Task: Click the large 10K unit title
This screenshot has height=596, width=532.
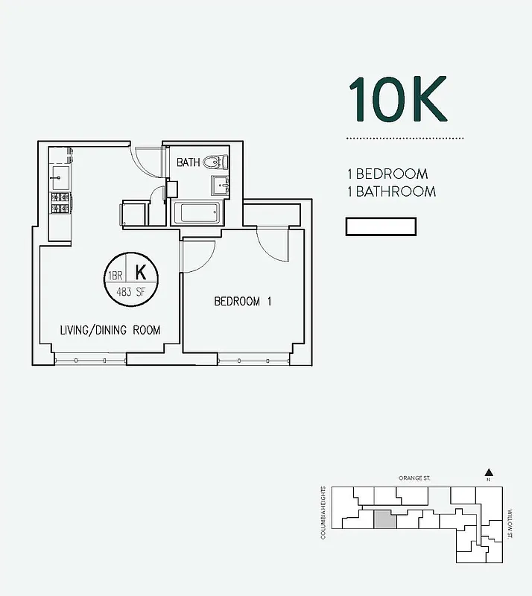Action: pos(398,100)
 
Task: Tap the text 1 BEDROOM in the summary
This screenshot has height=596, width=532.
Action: pos(387,174)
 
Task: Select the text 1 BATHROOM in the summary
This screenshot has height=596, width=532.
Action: pos(391,191)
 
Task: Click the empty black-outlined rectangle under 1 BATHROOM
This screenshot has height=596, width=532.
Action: pos(381,226)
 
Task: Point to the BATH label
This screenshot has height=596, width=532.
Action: pos(188,162)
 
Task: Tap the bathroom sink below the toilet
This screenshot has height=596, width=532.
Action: pos(220,185)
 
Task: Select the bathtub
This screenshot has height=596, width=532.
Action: pos(197,212)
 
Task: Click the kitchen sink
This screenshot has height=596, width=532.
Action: pos(60,177)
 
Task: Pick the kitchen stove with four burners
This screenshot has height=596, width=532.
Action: pos(60,203)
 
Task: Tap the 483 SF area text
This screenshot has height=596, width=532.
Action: pos(131,292)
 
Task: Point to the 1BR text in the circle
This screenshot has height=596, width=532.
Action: pos(116,276)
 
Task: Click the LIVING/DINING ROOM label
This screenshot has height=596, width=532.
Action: pos(110,329)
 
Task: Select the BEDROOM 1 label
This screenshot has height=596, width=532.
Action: pos(242,302)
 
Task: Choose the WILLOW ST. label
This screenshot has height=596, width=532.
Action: pos(510,524)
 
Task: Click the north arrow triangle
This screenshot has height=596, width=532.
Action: pos(488,472)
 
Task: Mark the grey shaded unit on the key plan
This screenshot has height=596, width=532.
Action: pos(383,520)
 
